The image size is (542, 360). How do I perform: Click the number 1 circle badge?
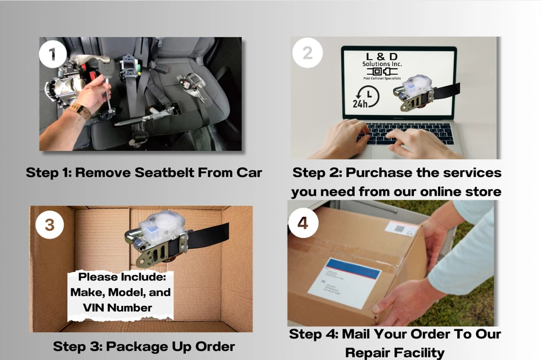pos(53,54)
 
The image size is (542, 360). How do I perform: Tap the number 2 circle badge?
pos(307,53)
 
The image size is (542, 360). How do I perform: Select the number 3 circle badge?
pos(49,225)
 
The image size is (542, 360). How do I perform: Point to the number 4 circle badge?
pos(303,223)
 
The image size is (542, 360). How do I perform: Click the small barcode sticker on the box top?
pos(401,229)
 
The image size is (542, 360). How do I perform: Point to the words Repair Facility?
pos(395,353)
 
